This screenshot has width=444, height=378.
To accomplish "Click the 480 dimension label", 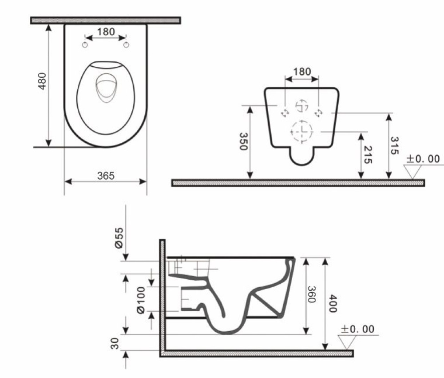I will (42, 81).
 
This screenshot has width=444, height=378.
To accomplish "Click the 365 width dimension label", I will (106, 176).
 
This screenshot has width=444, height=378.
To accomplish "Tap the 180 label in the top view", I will (106, 32).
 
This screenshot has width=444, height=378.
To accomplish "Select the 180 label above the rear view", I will (302, 72).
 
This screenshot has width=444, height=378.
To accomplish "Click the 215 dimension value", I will (367, 155).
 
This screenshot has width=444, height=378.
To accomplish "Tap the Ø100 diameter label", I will (141, 299).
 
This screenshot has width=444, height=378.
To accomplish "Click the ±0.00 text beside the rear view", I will (423, 159).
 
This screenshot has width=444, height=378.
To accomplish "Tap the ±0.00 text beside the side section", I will (357, 329).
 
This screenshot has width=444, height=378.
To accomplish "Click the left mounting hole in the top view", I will (85, 44).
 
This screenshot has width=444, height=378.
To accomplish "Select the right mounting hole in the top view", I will (126, 44).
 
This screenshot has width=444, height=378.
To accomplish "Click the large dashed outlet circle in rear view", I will (302, 131).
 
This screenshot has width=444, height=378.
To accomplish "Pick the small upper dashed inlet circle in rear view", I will (301, 106).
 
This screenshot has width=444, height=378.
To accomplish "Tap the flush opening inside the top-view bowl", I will (105, 88).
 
